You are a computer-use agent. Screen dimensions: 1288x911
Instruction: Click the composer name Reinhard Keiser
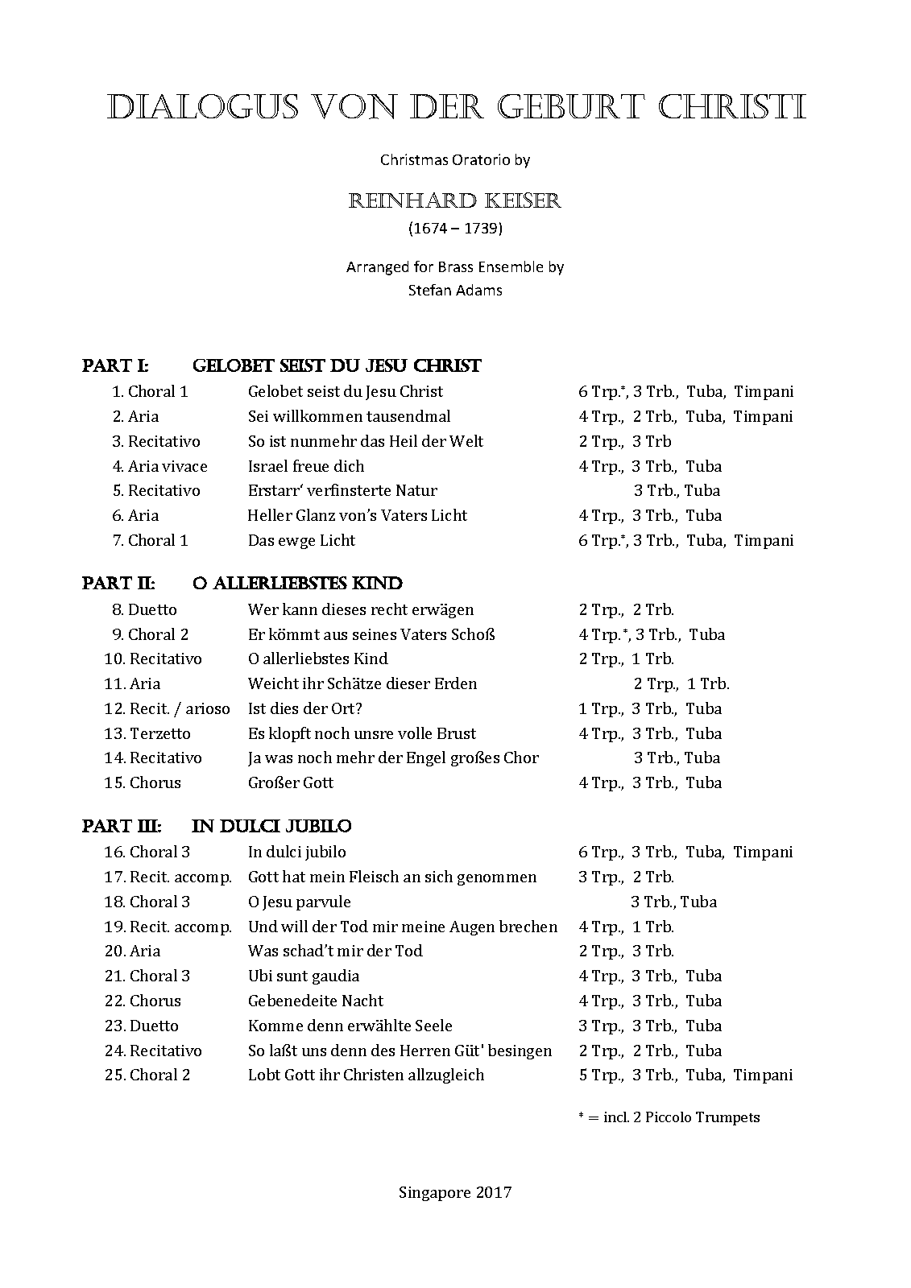point(454,200)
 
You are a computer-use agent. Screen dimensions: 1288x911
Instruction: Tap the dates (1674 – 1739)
point(454,229)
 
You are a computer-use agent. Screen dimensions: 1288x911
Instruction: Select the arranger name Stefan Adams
point(454,291)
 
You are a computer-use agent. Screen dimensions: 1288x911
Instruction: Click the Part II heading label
point(118,584)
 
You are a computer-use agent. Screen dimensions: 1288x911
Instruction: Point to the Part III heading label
point(122,827)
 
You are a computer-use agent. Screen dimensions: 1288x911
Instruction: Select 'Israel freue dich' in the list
point(306,467)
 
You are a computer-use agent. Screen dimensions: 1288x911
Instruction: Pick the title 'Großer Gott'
point(291,783)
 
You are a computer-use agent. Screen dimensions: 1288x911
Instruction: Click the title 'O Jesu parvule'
point(300,902)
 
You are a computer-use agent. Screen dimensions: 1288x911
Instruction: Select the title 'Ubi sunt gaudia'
point(304,976)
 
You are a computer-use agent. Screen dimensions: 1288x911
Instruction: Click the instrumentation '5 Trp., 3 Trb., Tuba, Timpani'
point(685,1075)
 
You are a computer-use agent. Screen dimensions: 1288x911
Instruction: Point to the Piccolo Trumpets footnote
point(669,1117)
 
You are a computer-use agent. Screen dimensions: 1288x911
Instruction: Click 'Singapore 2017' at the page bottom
point(454,1193)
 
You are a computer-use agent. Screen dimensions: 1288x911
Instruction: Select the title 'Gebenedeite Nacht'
point(316,1001)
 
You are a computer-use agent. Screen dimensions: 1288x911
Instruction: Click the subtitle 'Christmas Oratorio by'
point(454,160)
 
